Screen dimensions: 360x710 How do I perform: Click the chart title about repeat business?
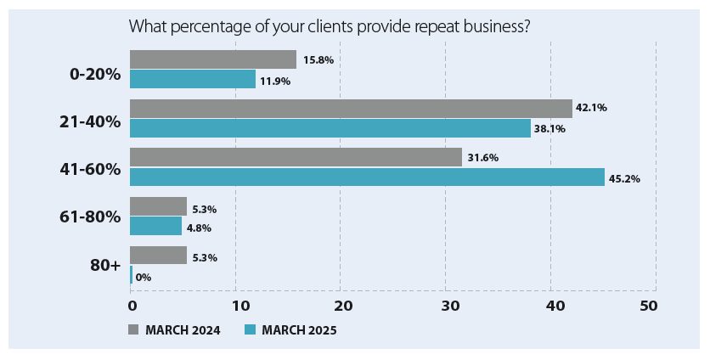(x=330, y=26)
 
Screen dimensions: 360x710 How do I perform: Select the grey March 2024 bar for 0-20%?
(x=213, y=59)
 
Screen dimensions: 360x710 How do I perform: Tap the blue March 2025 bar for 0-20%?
(x=193, y=79)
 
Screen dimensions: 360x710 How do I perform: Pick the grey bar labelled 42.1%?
(x=351, y=109)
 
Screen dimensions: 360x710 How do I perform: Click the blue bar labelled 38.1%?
(x=330, y=128)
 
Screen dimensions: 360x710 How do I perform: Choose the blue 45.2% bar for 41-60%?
(x=367, y=177)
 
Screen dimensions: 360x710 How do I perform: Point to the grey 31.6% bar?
(x=296, y=158)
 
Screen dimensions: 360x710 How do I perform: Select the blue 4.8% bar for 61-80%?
(x=155, y=226)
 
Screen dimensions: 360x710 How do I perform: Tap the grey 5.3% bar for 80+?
(x=158, y=256)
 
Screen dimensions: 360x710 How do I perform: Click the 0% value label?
(x=144, y=277)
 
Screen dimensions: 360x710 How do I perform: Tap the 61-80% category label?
(x=94, y=217)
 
